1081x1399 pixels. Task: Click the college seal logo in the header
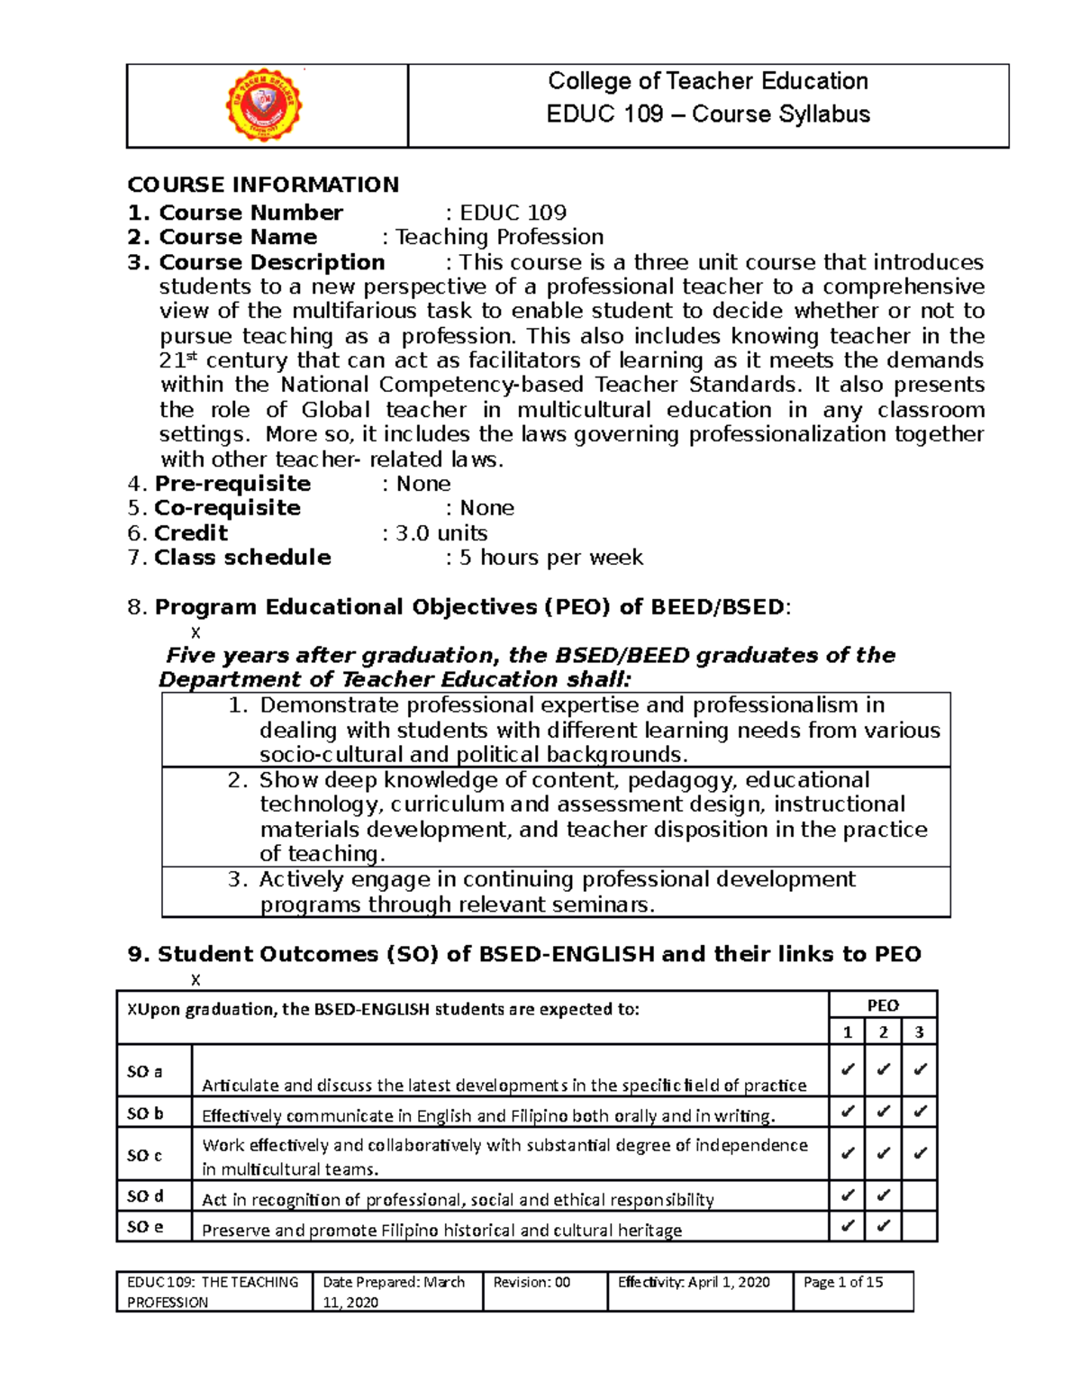coord(263,105)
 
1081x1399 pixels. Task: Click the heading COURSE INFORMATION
coord(263,185)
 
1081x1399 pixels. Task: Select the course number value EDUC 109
coord(513,213)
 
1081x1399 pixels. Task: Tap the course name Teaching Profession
coord(499,237)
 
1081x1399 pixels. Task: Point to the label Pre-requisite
coord(232,484)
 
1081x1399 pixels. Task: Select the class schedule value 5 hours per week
coord(550,558)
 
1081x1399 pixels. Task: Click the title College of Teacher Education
coord(708,81)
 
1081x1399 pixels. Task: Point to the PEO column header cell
coord(883,1005)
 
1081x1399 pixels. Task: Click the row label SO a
coord(145,1072)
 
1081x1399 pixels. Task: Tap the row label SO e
coord(145,1227)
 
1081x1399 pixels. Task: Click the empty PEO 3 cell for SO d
coord(919,1196)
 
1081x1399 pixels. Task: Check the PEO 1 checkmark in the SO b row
coord(847,1112)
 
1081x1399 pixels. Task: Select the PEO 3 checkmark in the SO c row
coord(919,1153)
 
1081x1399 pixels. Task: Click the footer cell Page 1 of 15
coord(843,1282)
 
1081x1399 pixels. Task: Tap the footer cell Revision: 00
coord(531,1282)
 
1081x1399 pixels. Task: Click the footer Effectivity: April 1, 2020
coord(694,1282)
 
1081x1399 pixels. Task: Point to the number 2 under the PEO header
coord(883,1032)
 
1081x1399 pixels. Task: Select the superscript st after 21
coord(190,356)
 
